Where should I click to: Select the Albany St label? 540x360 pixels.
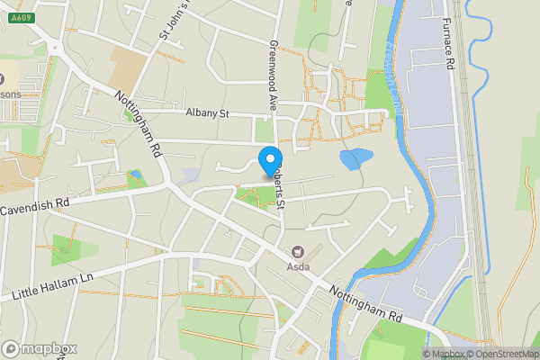tap(208, 113)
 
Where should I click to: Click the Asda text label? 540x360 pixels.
tap(299, 267)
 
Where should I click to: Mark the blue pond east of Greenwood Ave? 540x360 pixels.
tap(354, 159)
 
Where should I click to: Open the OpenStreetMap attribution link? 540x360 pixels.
tap(503, 354)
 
